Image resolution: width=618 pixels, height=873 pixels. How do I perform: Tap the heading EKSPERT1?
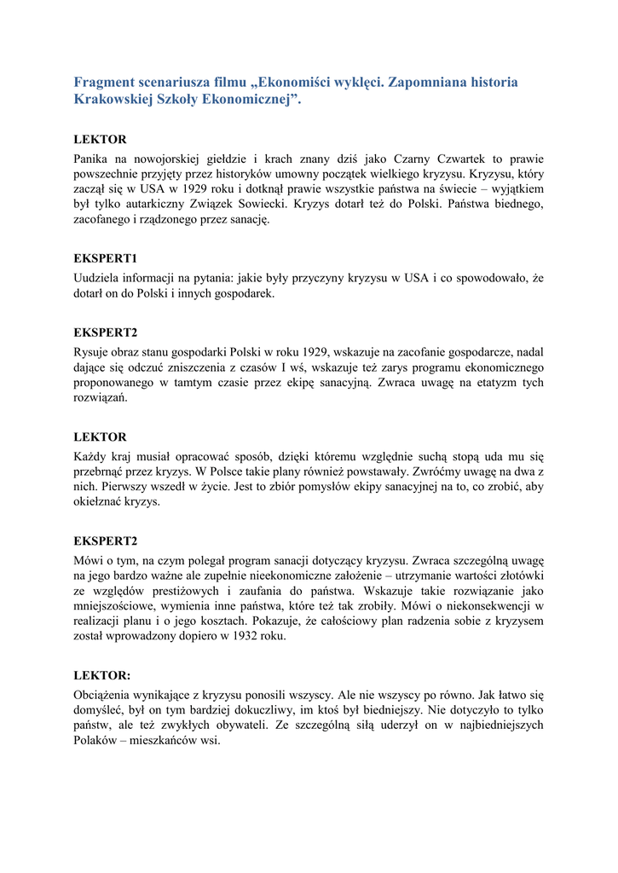pos(106,257)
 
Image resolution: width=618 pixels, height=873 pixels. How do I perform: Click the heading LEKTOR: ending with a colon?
pos(103,675)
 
